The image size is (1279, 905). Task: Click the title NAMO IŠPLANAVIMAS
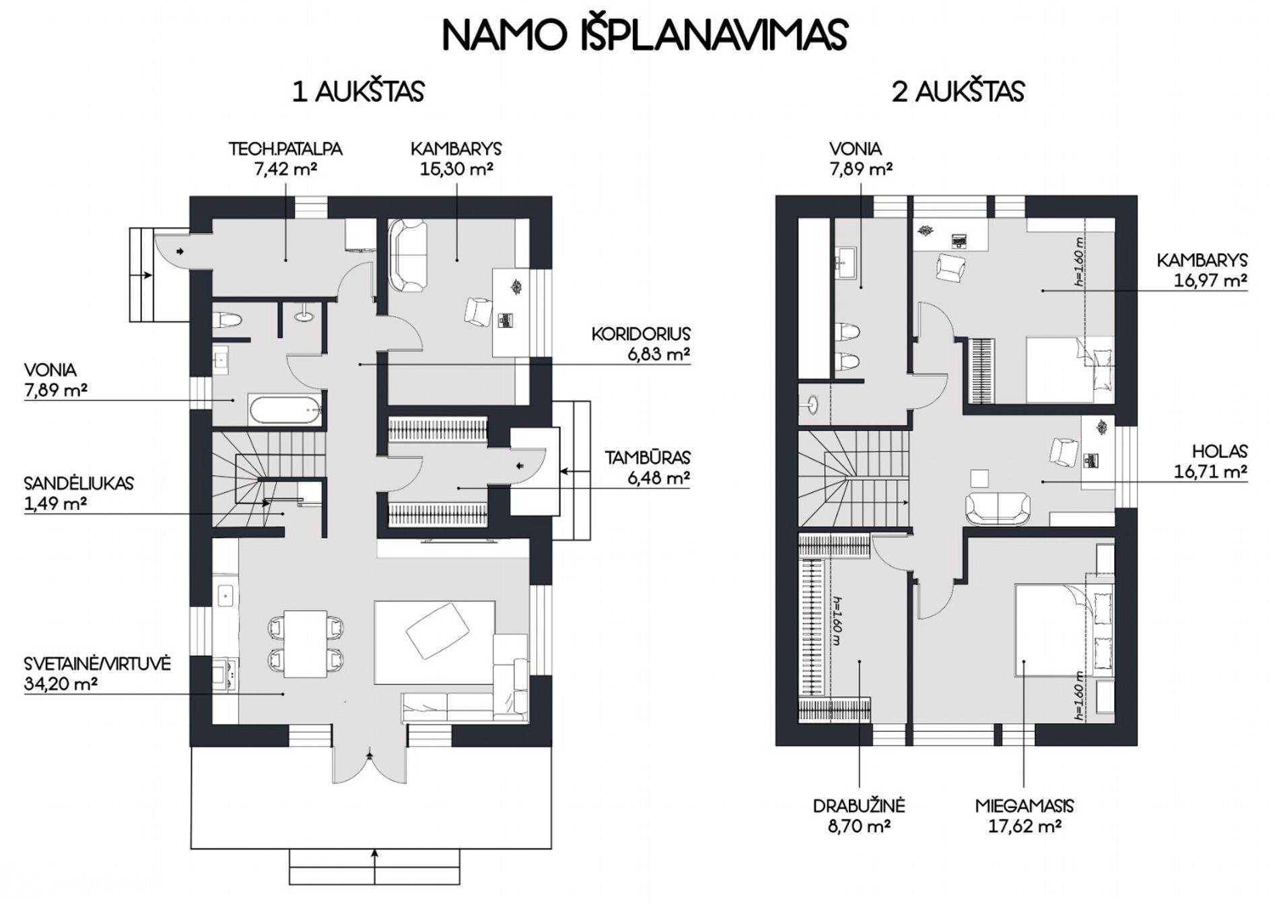[x=644, y=35]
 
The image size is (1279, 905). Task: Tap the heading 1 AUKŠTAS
[x=358, y=92]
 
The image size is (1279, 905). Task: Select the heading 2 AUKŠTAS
[x=958, y=92]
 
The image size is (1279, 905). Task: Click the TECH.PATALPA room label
[x=285, y=149]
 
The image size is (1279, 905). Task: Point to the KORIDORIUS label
[x=641, y=334]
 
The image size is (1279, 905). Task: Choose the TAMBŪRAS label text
[x=647, y=458]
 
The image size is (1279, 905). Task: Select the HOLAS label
[x=1220, y=452]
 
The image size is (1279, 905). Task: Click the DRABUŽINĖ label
[x=858, y=806]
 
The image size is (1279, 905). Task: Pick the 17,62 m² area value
[x=1025, y=826]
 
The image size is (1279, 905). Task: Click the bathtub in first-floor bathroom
[x=285, y=409]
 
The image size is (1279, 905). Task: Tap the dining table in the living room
[x=306, y=644]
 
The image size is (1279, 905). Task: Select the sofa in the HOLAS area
[x=997, y=509]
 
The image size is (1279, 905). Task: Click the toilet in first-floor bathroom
[x=226, y=321]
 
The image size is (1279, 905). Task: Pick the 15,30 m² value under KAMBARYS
[x=456, y=168]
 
